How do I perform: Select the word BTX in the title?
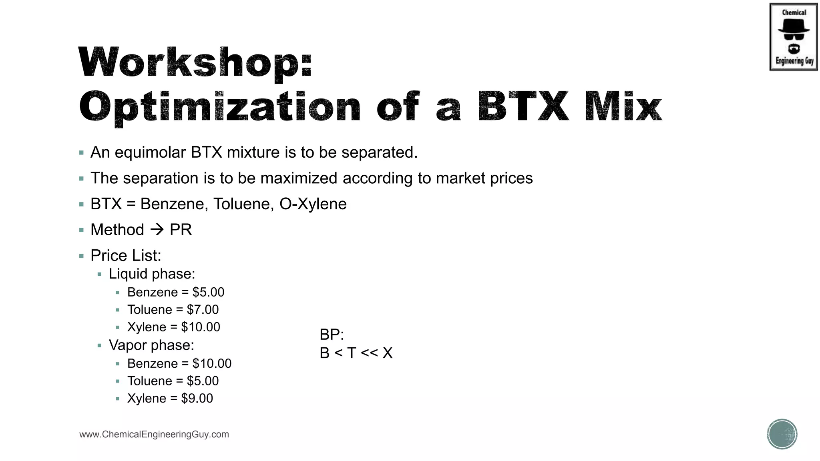(x=523, y=107)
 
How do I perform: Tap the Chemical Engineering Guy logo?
(x=793, y=37)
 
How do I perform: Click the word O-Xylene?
(x=313, y=204)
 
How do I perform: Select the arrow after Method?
(x=157, y=230)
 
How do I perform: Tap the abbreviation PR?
(x=181, y=230)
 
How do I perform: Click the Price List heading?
(x=126, y=255)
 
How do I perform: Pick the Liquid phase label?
(x=152, y=274)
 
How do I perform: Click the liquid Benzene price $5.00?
(x=208, y=292)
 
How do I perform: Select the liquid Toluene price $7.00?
(x=203, y=310)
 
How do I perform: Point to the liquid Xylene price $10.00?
(x=201, y=327)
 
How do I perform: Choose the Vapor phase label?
(x=151, y=345)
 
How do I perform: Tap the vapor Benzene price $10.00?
(x=212, y=363)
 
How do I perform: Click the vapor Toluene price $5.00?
(x=203, y=381)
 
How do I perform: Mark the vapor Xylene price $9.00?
(x=197, y=399)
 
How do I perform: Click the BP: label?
(x=332, y=335)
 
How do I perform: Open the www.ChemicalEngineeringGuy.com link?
(x=154, y=435)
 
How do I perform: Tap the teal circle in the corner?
(x=782, y=434)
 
